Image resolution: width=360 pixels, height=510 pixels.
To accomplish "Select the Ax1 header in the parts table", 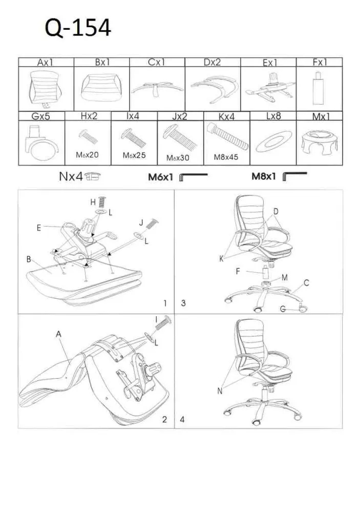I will (46, 63).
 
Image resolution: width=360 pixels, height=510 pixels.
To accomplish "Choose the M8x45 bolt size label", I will (226, 157).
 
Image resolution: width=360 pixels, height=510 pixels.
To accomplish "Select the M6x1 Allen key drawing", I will (193, 177).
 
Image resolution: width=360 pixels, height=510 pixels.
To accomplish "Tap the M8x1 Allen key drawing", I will (294, 177).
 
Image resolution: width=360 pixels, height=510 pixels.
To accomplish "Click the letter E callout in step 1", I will (39, 228).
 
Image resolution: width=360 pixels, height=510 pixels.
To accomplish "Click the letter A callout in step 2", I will (59, 334).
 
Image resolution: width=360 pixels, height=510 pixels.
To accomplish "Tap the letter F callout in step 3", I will (238, 272).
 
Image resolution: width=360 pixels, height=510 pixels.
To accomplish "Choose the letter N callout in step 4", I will (220, 392).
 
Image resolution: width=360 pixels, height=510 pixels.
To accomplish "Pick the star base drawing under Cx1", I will (156, 90).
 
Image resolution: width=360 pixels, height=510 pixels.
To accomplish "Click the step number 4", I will (182, 420).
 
